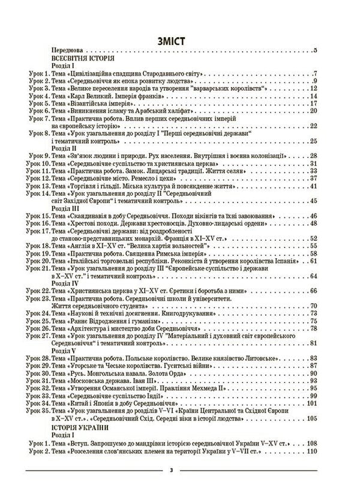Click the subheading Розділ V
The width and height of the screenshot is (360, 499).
coord(64,349)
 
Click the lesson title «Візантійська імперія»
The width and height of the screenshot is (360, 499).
coord(106,103)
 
